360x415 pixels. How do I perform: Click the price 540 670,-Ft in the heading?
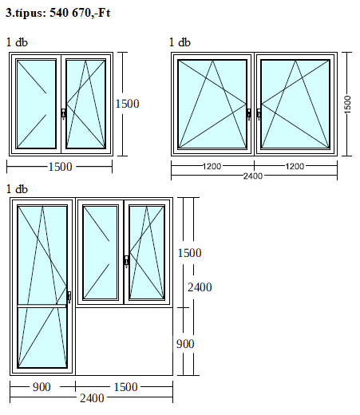tap(80, 13)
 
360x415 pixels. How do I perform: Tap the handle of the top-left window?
tap(63, 113)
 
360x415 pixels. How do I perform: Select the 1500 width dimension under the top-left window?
tap(60, 167)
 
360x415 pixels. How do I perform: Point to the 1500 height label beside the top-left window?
tap(127, 104)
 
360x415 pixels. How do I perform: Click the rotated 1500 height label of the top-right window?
tap(347, 105)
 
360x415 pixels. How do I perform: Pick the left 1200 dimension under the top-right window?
tap(212, 167)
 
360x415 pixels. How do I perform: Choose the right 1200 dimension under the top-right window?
tap(295, 167)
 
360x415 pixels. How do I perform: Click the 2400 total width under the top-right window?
tap(253, 176)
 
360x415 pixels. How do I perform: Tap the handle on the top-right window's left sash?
tap(249, 114)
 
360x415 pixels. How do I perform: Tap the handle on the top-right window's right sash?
tap(259, 114)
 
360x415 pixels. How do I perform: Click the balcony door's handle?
tap(69, 297)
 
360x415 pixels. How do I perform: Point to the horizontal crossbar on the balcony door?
tap(42, 306)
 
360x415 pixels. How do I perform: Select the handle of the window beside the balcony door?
tap(127, 262)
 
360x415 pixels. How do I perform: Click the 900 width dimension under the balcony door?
tap(42, 387)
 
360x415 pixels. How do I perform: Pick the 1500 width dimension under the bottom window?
tap(125, 387)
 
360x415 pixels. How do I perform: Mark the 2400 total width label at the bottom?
tap(92, 398)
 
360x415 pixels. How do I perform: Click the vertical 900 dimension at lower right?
tap(185, 344)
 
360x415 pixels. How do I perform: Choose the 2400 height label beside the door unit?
tap(200, 287)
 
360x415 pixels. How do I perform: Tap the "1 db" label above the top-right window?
tap(180, 42)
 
